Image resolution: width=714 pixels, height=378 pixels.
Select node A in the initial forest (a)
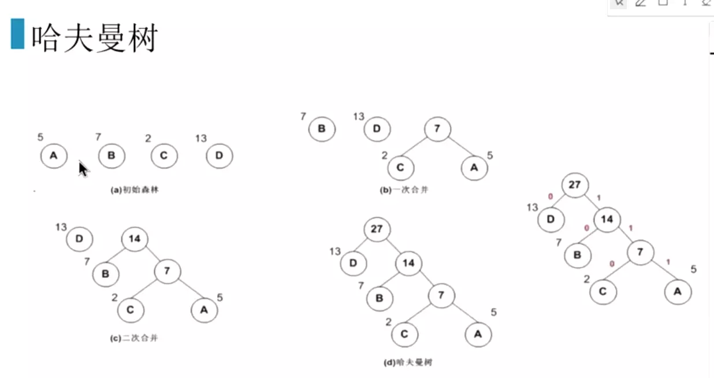pos(54,155)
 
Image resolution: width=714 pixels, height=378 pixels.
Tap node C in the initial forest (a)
pos(164,156)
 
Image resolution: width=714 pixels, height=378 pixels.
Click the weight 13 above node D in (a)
pos(200,138)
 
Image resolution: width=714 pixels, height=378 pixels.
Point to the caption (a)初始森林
pos(134,189)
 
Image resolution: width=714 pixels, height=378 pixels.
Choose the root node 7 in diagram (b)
pos(437,129)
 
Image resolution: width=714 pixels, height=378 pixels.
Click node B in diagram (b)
pos(322,129)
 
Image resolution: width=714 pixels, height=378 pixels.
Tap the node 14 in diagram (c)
pos(135,238)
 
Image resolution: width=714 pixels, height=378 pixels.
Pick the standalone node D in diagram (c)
pos(79,239)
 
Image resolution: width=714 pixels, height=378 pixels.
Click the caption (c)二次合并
pos(133,338)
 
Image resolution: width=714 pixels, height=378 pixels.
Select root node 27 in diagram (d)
pos(377,229)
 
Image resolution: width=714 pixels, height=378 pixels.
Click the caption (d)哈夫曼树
pos(408,362)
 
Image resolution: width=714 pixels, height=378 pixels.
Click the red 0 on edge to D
pos(550,197)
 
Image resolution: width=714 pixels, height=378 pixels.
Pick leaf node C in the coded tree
pos(603,291)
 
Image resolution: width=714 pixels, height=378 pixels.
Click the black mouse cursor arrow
pos(83,169)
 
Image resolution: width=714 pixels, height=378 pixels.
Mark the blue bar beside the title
pos(17,34)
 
